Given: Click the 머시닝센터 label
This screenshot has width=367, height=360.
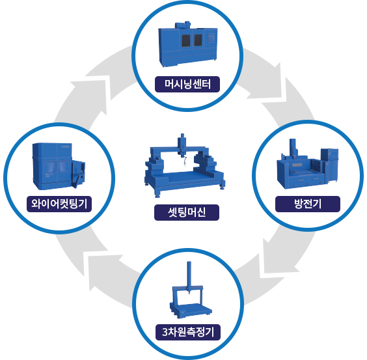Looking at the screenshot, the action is pyautogui.click(x=187, y=85).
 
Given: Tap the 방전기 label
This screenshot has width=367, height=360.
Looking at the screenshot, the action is pyautogui.click(x=308, y=204).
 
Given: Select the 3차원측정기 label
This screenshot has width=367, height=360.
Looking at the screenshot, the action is pyautogui.click(x=188, y=332).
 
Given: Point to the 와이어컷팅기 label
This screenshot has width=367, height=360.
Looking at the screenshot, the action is pyautogui.click(x=59, y=204).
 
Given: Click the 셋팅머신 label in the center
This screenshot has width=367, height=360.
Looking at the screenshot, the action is pyautogui.click(x=187, y=212).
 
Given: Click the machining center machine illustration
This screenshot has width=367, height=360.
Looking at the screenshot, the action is pyautogui.click(x=188, y=44).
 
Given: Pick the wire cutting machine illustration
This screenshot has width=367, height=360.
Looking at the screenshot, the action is pyautogui.click(x=59, y=166).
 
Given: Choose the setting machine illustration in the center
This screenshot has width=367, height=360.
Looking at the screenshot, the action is pyautogui.click(x=185, y=165).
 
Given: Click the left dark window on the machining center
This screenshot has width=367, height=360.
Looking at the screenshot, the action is pyautogui.click(x=186, y=41).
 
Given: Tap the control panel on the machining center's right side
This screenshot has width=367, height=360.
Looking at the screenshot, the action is pyautogui.click(x=211, y=38).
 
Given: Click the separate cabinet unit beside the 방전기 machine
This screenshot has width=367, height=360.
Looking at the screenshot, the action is pyautogui.click(x=330, y=165).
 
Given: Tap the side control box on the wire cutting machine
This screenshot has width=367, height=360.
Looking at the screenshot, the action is pyautogui.click(x=78, y=174).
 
